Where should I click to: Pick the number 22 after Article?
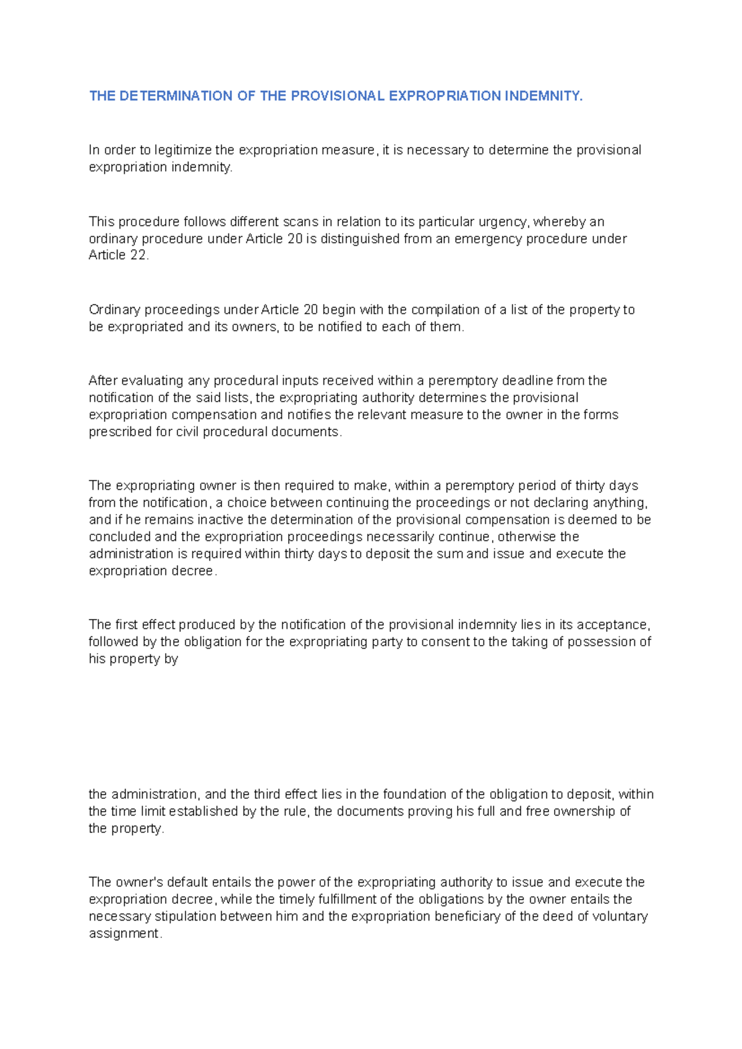139,255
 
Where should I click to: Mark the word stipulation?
186,916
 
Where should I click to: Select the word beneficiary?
467,916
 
